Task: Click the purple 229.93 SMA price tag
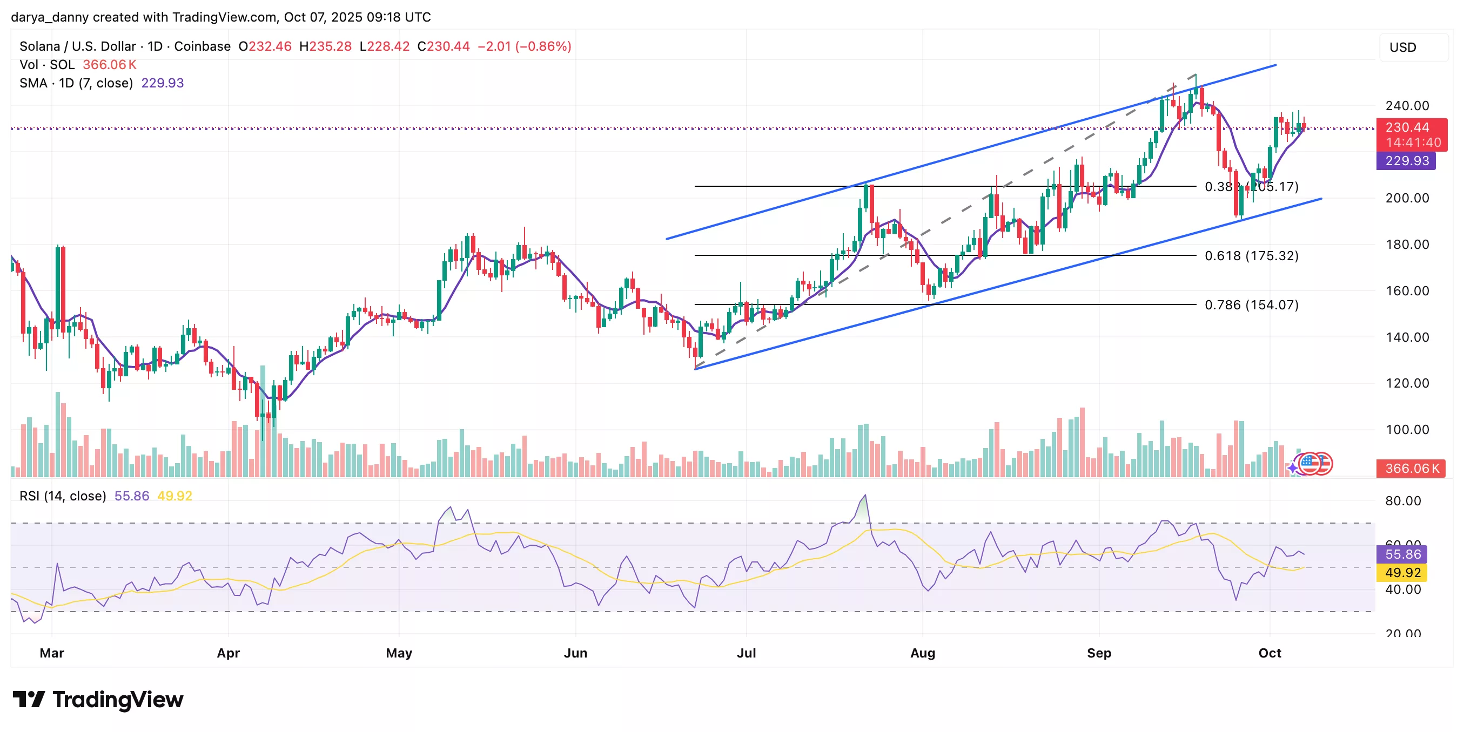pyautogui.click(x=1406, y=161)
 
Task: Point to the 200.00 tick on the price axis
pyautogui.click(x=1407, y=198)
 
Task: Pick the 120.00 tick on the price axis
pyautogui.click(x=1407, y=383)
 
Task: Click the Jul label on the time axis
pyautogui.click(x=746, y=653)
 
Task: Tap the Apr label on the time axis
pyautogui.click(x=228, y=653)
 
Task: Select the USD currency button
pyautogui.click(x=1402, y=48)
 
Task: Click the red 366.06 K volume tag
pyautogui.click(x=1411, y=469)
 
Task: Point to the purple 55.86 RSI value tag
pyautogui.click(x=1402, y=554)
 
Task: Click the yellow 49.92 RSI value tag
pyautogui.click(x=1402, y=572)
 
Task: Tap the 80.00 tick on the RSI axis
pyautogui.click(x=1402, y=501)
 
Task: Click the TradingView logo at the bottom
pyautogui.click(x=98, y=699)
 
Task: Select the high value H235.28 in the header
pyautogui.click(x=325, y=46)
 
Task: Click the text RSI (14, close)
pyautogui.click(x=63, y=496)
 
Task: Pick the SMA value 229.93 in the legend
pyautogui.click(x=162, y=83)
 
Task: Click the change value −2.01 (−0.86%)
pyautogui.click(x=524, y=46)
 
